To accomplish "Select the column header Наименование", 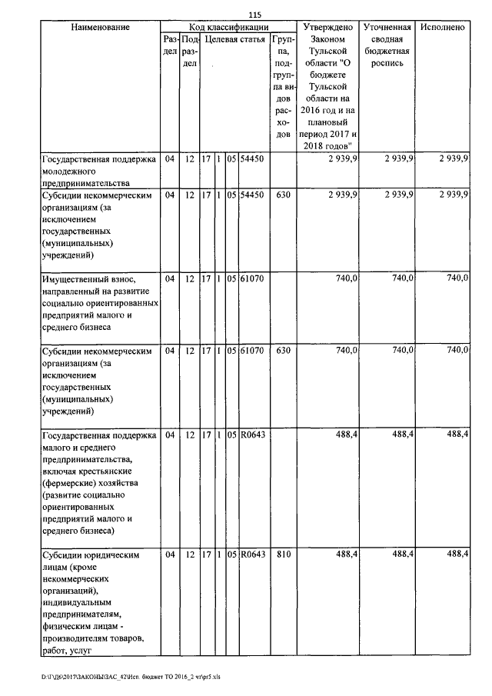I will tap(99, 28).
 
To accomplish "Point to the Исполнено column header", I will tap(443, 28).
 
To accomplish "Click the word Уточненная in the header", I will tap(386, 28).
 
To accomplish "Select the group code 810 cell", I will tap(282, 554).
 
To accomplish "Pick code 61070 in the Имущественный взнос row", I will tap(253, 278).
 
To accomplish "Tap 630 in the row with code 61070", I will tap(282, 351).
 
